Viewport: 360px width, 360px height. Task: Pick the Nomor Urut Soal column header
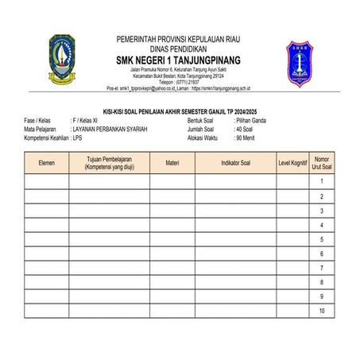[321, 162]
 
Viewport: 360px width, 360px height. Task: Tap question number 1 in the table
[321, 181]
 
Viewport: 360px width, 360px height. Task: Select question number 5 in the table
[321, 239]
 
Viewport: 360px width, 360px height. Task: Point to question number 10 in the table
[321, 311]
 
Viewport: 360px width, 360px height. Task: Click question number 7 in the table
[321, 268]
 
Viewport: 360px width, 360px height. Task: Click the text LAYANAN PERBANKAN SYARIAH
[110, 128]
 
